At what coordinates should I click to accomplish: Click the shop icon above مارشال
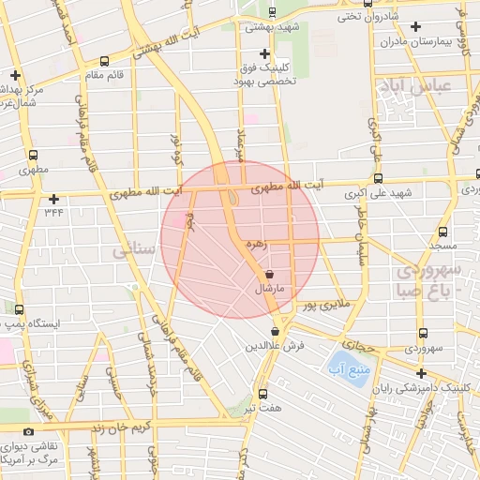point(270,275)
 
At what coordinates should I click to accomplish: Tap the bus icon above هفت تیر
point(262,394)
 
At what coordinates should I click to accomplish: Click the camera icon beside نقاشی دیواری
point(28,431)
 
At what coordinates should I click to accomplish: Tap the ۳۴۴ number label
point(53,212)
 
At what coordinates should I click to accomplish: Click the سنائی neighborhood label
point(129,252)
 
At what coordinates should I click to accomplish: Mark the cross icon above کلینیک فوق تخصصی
point(264,53)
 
